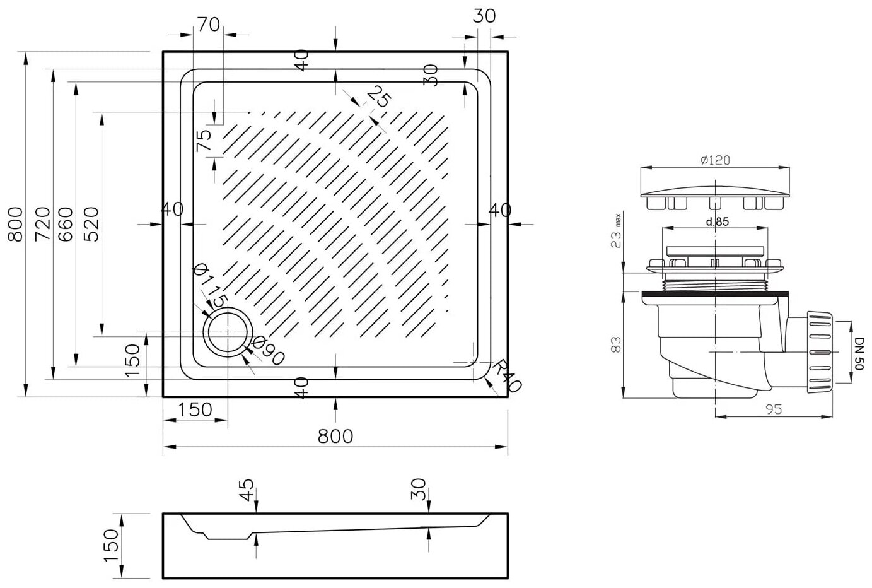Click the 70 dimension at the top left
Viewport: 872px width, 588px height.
[208, 25]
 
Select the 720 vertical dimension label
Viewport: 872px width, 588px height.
[42, 224]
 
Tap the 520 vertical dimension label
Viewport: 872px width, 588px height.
[90, 224]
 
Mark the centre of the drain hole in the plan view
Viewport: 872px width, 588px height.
[227, 332]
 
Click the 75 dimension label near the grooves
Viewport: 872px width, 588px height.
[204, 139]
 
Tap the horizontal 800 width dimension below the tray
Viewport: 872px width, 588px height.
[335, 436]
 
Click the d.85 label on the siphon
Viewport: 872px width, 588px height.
[718, 222]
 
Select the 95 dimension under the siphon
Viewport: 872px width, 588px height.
[774, 409]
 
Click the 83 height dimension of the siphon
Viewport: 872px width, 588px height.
[617, 344]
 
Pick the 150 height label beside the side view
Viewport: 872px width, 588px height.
[110, 546]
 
